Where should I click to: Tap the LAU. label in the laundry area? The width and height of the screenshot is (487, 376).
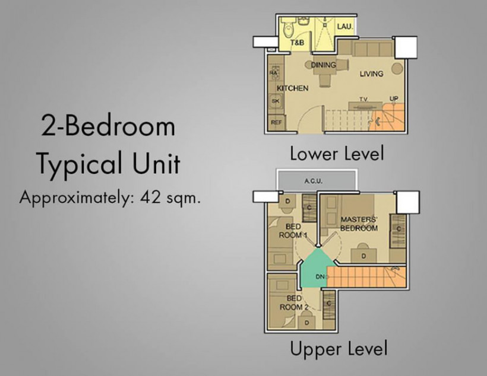345,27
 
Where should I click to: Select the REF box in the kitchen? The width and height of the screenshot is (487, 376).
276,122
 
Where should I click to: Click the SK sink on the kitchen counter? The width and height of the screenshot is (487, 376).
276,101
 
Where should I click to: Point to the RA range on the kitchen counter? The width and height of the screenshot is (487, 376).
274,73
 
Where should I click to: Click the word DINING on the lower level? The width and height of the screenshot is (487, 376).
324,65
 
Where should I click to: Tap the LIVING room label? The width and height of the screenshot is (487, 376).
371,74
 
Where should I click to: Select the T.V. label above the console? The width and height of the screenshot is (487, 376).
363,99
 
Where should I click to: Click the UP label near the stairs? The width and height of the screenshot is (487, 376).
394,98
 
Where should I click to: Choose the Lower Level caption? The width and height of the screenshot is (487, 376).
337,154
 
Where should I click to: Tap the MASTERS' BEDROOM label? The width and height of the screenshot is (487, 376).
359,224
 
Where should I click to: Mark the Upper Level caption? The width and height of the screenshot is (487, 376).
339,348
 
